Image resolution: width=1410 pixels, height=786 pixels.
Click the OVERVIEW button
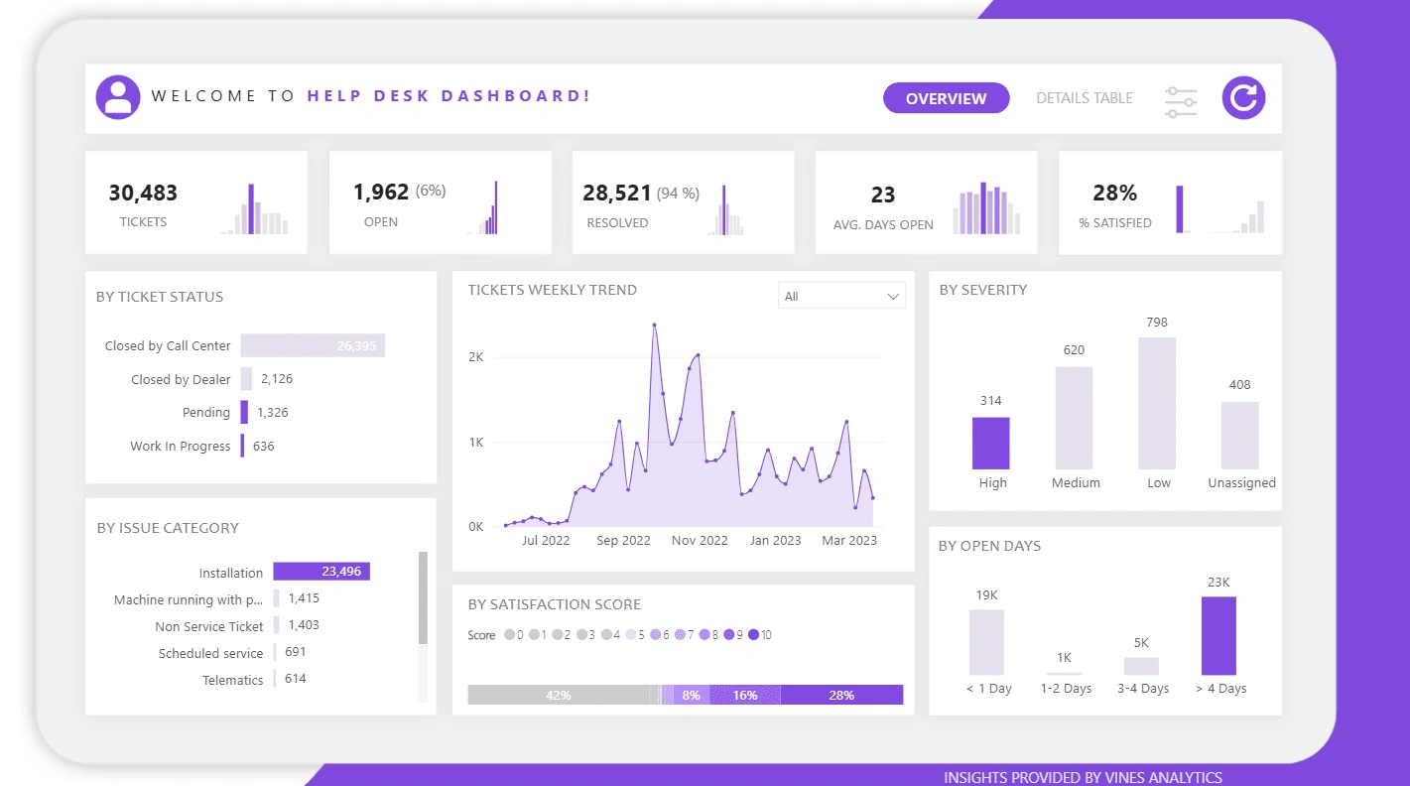[946, 98]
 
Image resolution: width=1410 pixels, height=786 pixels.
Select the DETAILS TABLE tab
[1084, 98]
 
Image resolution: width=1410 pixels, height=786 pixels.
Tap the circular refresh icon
[1243, 97]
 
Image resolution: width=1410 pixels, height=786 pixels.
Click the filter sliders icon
[1181, 102]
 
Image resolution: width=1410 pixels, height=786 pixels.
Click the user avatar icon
[118, 97]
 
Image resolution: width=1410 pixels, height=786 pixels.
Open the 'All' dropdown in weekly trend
[841, 296]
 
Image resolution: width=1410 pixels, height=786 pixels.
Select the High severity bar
[990, 443]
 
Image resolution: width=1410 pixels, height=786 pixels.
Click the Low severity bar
[1157, 403]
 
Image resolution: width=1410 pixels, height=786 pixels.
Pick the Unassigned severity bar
[1239, 435]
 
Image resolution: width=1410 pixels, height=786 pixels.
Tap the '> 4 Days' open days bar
[1218, 635]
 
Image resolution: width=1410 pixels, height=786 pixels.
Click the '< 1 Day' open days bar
[986, 642]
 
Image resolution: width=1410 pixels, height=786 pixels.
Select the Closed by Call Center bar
[313, 345]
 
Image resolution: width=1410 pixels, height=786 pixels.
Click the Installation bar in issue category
[321, 572]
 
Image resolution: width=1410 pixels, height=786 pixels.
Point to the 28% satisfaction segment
[841, 695]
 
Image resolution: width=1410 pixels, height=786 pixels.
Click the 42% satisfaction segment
[558, 695]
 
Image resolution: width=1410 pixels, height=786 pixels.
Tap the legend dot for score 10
[754, 634]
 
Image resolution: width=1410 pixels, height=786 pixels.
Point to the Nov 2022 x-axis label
[700, 541]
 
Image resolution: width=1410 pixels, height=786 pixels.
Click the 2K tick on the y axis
[475, 356]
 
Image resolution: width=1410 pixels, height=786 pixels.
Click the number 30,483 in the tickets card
[143, 193]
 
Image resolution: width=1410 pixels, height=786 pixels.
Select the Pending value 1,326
[272, 412]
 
